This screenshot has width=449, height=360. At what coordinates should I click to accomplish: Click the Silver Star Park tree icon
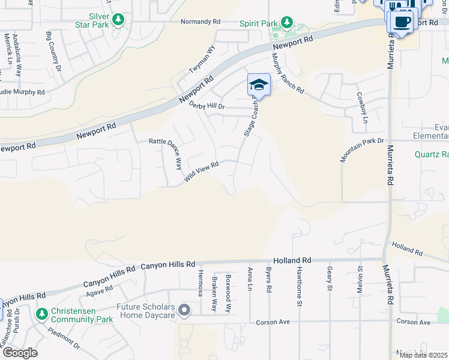tap(119, 20)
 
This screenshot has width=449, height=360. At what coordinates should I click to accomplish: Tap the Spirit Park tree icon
tap(287, 23)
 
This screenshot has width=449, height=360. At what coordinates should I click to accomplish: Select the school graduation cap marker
tap(259, 85)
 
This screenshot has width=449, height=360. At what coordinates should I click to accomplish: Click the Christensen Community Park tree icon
tap(41, 314)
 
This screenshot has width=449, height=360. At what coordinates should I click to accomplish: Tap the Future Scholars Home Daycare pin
tap(184, 310)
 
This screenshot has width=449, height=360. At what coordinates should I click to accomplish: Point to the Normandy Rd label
tap(200, 22)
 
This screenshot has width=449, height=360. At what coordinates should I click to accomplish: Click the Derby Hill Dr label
tap(206, 106)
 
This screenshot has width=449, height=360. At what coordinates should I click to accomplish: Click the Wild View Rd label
tap(201, 170)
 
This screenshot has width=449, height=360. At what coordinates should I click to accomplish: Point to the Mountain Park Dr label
tap(362, 149)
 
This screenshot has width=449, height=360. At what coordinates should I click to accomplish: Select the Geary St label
tap(330, 278)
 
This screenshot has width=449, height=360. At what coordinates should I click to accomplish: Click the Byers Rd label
tap(269, 280)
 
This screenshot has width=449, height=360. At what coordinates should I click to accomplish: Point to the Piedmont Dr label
tap(64, 338)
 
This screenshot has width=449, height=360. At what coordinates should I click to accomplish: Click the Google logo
tap(19, 353)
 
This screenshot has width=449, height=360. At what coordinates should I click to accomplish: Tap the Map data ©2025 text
tap(423, 355)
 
